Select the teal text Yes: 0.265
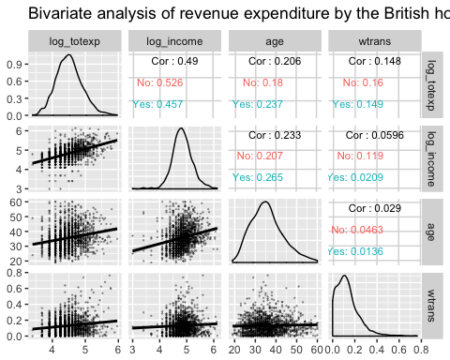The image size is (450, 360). coord(256,176)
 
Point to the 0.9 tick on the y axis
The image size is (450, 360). coord(16,65)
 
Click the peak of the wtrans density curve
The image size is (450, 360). coord(345,276)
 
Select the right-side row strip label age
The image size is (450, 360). coord(433,230)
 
